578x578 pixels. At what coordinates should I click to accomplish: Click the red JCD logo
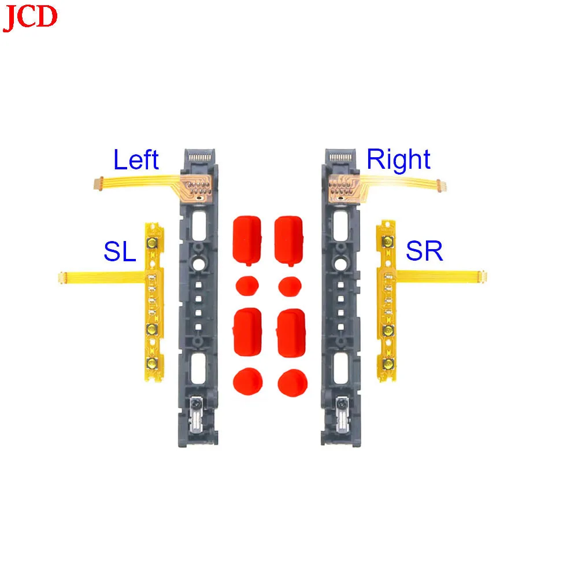(30, 17)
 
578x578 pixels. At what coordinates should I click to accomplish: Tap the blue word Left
(136, 160)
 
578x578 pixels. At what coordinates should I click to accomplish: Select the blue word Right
(398, 160)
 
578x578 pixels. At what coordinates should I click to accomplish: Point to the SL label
(120, 251)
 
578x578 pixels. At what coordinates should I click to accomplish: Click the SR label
(424, 251)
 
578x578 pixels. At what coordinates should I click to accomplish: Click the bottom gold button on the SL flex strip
(151, 363)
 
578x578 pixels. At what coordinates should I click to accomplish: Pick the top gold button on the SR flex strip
(387, 242)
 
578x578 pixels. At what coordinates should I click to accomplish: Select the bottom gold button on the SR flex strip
(387, 364)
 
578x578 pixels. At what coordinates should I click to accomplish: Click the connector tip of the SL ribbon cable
(61, 277)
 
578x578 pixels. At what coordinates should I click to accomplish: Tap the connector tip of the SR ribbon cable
(483, 276)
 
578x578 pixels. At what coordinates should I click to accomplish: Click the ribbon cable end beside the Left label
(98, 184)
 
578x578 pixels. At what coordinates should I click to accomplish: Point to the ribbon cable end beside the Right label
(441, 185)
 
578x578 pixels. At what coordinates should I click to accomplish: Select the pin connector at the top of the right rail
(340, 157)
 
